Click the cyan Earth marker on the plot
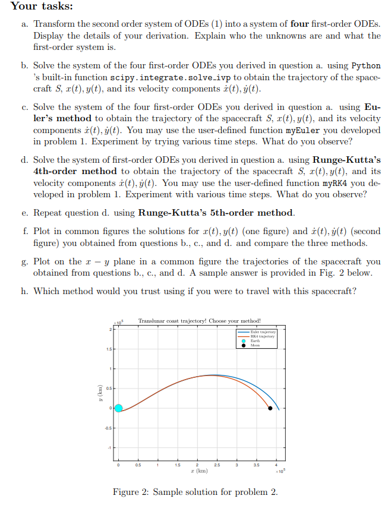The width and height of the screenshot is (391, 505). coord(118,408)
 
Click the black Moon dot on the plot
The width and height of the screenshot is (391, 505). coord(270,408)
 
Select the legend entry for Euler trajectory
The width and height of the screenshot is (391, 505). coord(261,332)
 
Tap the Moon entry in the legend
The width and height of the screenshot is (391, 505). coord(256,345)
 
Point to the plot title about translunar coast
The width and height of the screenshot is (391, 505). coord(199,321)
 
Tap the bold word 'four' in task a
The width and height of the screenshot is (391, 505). coord(298,24)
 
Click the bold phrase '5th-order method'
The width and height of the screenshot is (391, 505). coord(246,212)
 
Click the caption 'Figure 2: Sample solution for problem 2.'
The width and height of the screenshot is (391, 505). coord(195,492)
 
